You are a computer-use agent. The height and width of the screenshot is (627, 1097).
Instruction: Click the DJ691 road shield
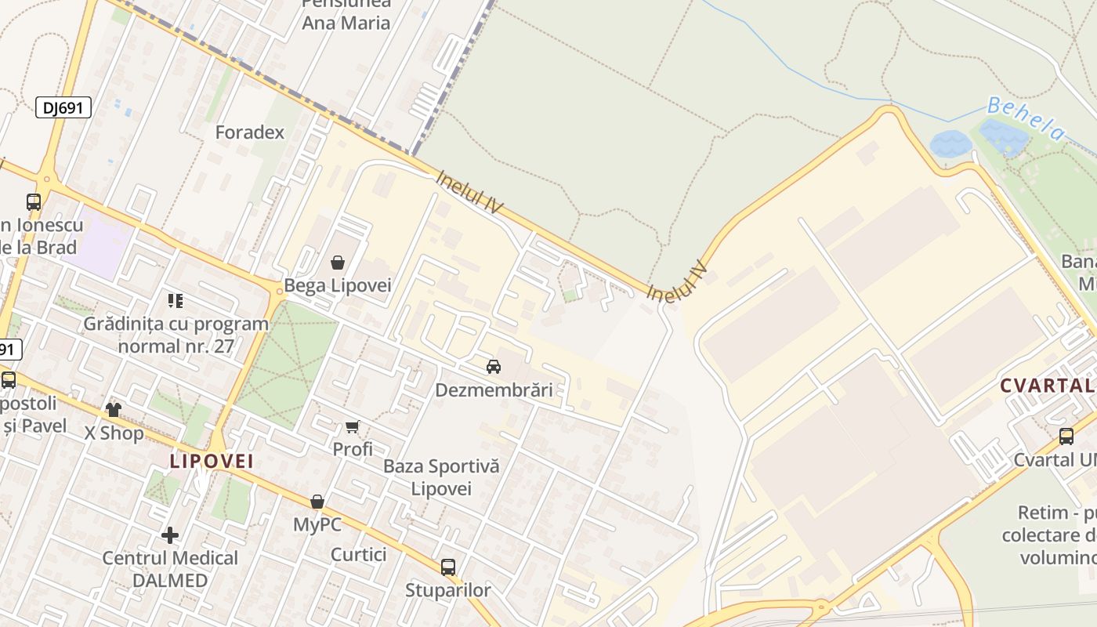63,107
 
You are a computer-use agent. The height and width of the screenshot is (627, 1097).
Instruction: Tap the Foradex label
250,132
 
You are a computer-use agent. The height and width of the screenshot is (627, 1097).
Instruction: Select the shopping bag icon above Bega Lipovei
338,263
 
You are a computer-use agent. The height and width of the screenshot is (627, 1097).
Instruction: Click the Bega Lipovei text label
337,285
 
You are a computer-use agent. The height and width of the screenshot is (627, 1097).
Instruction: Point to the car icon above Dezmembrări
494,367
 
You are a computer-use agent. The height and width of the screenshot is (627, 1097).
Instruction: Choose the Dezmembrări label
494,390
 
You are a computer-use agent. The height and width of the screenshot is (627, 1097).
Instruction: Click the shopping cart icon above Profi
353,427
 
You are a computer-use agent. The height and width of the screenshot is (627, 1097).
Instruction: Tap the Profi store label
353,449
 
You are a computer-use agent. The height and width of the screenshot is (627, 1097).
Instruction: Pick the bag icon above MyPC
317,502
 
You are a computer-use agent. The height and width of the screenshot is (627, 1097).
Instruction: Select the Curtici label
359,554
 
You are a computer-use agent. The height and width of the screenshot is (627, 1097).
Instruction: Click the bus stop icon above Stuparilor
448,567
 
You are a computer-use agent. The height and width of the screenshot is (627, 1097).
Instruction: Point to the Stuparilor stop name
448,590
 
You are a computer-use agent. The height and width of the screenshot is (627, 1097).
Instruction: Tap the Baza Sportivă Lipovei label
441,477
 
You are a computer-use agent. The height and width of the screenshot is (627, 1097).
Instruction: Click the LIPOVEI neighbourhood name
212,461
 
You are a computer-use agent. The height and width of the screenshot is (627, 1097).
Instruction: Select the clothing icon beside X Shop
114,410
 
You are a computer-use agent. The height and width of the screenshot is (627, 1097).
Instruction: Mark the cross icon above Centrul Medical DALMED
170,535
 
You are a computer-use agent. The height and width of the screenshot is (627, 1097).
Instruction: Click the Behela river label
1026,118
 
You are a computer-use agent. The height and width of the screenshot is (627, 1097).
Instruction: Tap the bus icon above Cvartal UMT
1066,437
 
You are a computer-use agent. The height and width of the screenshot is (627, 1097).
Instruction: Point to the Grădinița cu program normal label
176,335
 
